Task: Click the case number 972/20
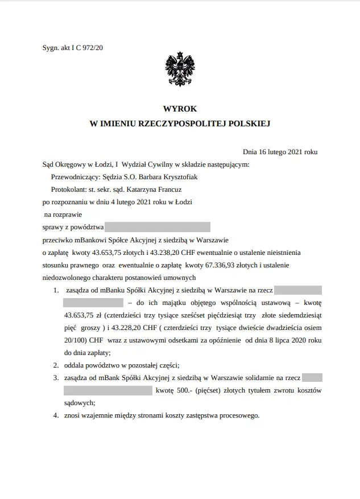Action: (92, 48)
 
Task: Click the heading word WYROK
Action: (180, 108)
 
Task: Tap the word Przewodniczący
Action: (72, 176)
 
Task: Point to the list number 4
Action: (56, 415)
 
